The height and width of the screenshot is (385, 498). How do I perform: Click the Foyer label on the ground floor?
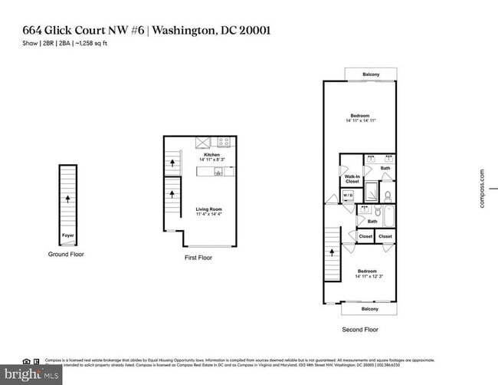tap(67, 236)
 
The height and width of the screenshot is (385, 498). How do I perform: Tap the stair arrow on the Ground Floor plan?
tap(67, 199)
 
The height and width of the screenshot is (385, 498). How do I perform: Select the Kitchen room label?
tap(211, 155)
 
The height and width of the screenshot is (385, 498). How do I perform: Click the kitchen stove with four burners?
tap(224, 142)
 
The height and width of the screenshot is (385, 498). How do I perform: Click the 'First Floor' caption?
tap(198, 258)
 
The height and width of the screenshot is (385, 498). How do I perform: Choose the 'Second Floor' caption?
tap(360, 329)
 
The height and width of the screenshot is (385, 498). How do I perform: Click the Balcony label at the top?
tap(370, 74)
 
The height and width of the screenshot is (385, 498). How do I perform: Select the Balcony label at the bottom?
tap(370, 309)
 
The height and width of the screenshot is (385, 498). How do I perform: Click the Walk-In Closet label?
tap(352, 179)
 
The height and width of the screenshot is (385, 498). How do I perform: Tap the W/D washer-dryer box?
tap(347, 196)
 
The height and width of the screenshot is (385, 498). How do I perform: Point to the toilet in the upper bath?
tap(388, 195)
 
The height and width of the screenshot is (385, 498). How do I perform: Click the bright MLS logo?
tap(31, 375)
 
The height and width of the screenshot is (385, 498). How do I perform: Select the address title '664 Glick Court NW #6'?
tap(82, 31)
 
